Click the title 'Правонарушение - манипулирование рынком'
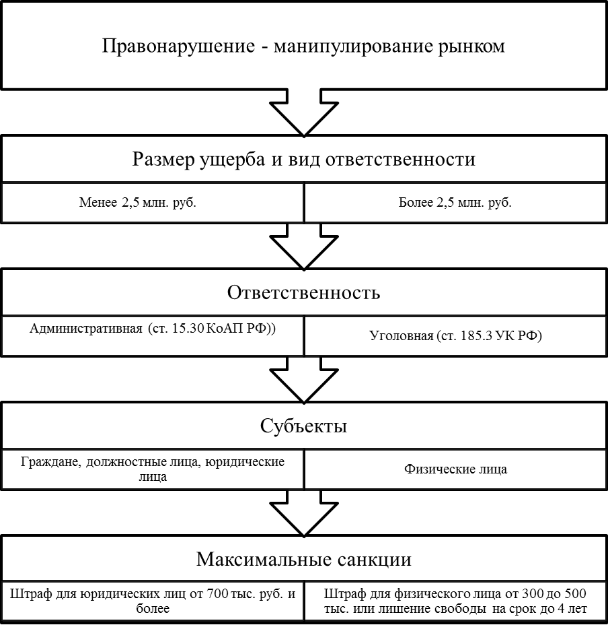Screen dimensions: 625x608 tap(304, 46)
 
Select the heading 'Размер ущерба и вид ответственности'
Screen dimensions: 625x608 tap(304, 160)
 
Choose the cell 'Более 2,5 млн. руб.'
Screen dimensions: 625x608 tap(455, 203)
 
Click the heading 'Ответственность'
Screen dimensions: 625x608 tap(304, 293)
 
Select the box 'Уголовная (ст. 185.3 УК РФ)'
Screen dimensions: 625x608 tap(455, 335)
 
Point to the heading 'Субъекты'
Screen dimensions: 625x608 tap(304, 426)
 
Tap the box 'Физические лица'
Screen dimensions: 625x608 tap(455, 469)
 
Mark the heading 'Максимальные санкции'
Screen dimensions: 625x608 tap(304, 560)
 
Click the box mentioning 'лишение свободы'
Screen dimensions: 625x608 tap(455, 601)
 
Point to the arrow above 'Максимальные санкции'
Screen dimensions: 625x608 tap(304, 513)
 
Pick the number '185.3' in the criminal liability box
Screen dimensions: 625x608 tap(477, 335)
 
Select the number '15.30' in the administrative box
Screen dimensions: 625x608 tap(186, 329)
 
